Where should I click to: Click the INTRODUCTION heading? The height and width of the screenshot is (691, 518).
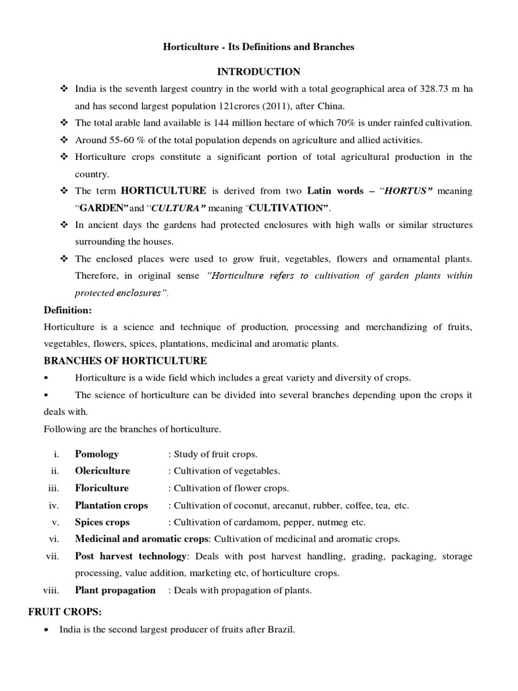258,72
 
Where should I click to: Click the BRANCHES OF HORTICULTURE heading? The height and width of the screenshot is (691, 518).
125,360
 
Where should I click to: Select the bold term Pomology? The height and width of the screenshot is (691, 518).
96,454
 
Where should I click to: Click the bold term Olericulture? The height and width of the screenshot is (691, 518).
103,471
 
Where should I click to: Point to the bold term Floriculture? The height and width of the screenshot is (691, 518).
102,488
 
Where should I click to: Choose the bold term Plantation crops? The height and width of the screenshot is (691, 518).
111,505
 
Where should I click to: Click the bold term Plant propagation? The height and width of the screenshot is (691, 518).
115,590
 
